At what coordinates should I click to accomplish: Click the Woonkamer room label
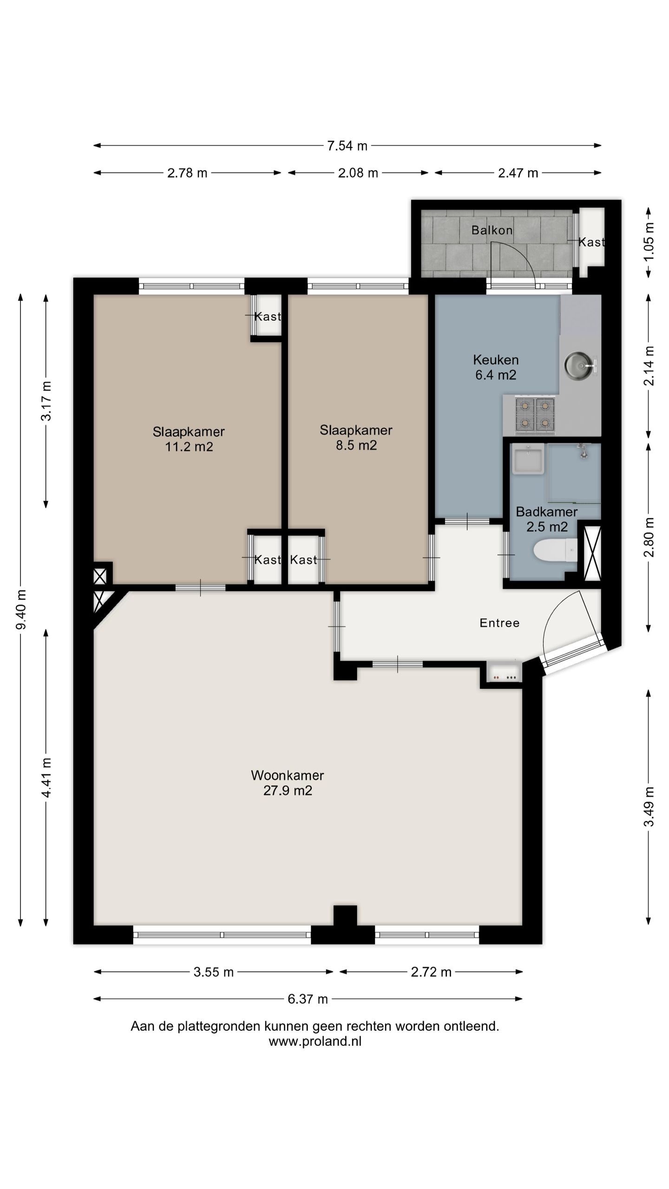287,775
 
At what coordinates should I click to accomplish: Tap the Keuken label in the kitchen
496,359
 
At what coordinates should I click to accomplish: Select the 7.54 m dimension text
347,146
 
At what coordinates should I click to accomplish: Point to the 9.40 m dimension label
21,609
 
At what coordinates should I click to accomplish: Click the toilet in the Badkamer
555,551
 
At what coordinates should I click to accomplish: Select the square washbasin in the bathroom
528,459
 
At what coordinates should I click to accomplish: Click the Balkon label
492,230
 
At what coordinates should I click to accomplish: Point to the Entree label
499,623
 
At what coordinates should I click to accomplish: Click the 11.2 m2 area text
189,447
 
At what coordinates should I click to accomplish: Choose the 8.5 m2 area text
356,445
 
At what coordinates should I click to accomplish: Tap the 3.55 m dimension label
214,972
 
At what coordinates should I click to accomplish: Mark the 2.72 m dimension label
431,972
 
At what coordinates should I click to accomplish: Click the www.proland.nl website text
315,1041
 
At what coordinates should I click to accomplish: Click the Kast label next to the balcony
591,242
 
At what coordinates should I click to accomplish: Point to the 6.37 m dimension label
308,999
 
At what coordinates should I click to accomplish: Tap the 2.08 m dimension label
358,173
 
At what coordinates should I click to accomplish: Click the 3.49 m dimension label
649,807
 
